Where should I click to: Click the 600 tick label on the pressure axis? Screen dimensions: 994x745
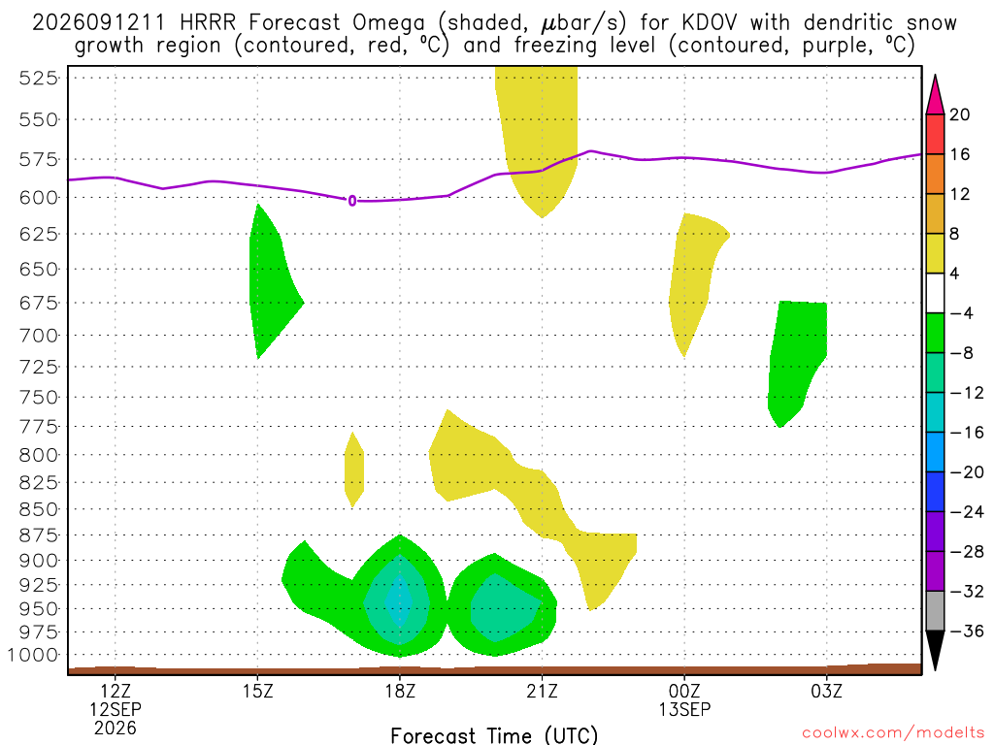[39, 198]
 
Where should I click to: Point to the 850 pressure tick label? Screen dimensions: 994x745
[39, 509]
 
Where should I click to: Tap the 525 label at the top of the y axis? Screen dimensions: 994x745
[39, 79]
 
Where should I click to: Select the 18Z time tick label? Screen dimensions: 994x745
[400, 691]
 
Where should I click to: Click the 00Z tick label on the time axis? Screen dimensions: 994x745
[684, 691]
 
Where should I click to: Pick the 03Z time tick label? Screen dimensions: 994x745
[827, 691]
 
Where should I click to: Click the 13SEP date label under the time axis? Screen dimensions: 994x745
[684, 709]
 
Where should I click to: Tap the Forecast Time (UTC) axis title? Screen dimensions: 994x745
[494, 735]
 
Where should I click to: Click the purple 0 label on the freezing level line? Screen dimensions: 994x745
[352, 201]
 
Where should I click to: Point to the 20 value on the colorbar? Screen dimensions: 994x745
[960, 114]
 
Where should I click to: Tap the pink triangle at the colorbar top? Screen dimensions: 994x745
[935, 95]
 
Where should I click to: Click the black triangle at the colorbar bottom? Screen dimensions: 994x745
[935, 650]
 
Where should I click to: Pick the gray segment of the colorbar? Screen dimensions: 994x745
[935, 611]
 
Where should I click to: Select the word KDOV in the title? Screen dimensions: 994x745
[710, 23]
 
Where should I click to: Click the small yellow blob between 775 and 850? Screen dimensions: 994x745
[353, 470]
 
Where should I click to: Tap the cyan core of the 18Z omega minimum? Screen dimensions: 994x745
[399, 599]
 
